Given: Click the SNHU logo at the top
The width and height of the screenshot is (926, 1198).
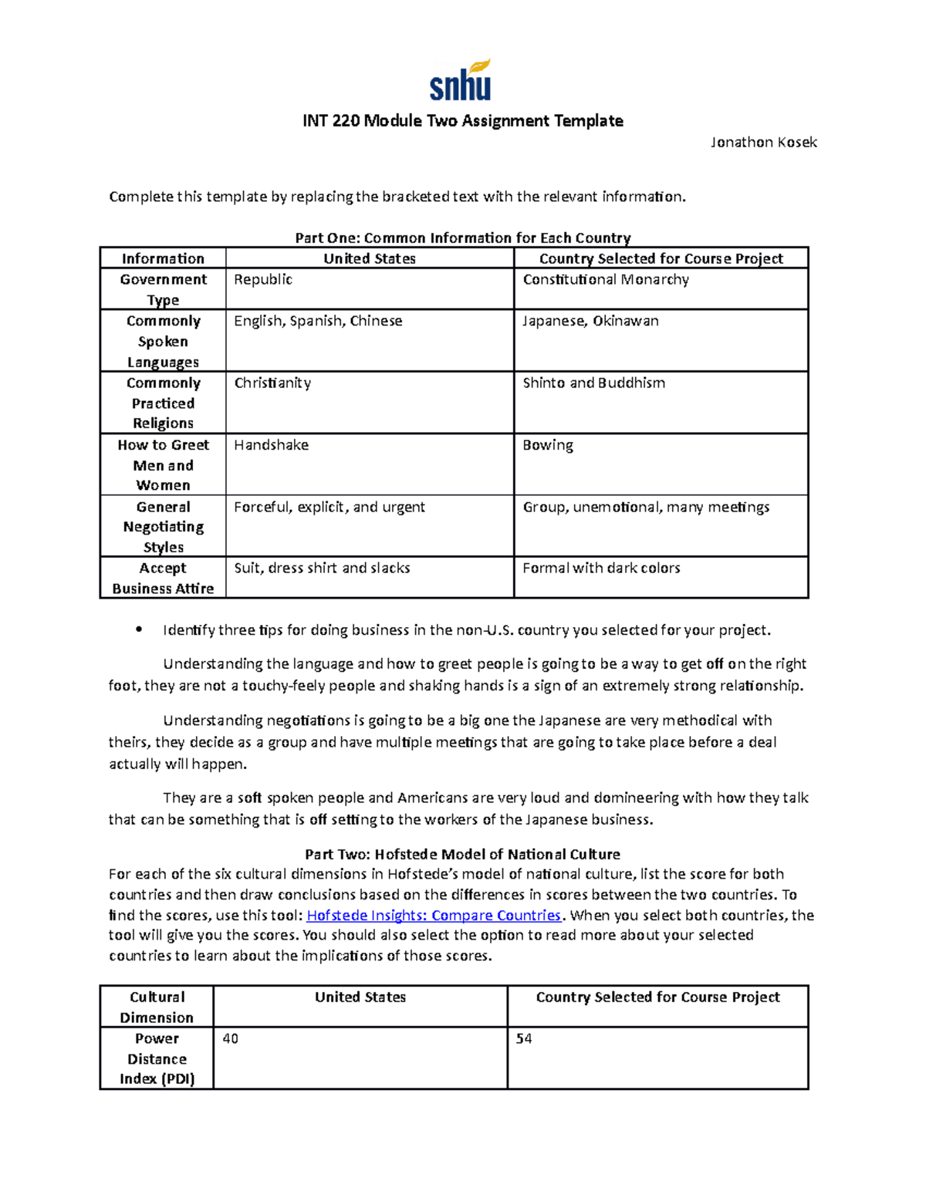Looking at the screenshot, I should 461,81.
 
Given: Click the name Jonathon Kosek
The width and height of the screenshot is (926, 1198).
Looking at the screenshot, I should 763,142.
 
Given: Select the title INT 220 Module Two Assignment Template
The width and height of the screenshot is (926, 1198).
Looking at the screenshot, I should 462,120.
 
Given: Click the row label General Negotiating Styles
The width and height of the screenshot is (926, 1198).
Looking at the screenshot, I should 163,527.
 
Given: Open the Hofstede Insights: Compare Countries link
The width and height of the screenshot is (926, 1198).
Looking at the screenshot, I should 434,916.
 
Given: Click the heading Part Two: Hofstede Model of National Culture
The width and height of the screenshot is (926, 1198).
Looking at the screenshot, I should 462,854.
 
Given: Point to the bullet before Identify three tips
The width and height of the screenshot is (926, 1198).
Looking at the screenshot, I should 139,629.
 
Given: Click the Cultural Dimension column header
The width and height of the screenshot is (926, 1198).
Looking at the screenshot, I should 157,1007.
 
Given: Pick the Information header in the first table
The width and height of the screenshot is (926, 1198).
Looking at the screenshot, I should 163,258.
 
